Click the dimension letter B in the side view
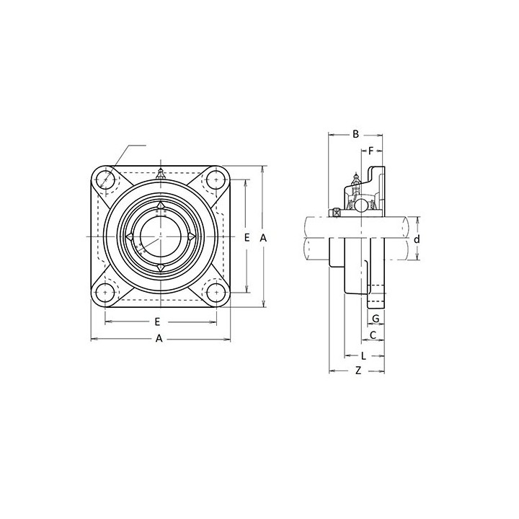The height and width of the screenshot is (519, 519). coord(355,134)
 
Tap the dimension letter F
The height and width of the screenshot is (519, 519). coord(371,151)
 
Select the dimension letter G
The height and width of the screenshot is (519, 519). coord(376,319)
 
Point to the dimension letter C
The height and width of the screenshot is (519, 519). coord(373,335)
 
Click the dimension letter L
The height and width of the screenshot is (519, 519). coord(363,356)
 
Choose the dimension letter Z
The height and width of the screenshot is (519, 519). coord(358,371)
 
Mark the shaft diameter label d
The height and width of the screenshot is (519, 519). coord(417,239)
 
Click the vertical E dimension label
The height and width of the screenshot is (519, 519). coord(247,237)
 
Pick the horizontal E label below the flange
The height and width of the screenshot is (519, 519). coord(158,321)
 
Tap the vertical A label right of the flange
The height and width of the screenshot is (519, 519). coord(263,237)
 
